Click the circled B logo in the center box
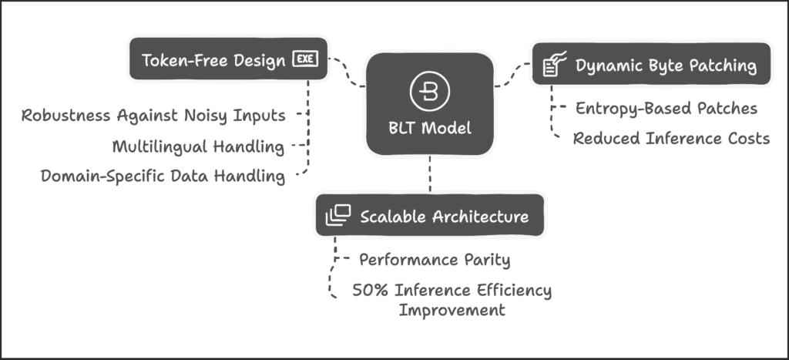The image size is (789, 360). click(x=430, y=91)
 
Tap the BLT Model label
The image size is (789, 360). click(x=430, y=128)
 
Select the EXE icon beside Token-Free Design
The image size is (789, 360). click(x=305, y=59)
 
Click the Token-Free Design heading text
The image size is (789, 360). click(x=213, y=60)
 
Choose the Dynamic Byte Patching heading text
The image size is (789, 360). click(x=666, y=66)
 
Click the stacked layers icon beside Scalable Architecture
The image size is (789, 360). click(x=337, y=215)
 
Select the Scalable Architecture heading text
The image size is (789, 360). click(x=445, y=217)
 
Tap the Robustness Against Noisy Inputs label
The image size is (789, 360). click(x=153, y=116)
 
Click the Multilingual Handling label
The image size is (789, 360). click(x=198, y=146)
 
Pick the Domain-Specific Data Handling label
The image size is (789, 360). click(x=163, y=177)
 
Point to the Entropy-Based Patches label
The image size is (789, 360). click(x=666, y=108)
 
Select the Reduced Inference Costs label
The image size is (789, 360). click(x=671, y=138)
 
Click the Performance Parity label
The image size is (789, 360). click(x=435, y=260)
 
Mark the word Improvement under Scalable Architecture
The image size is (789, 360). click(x=452, y=310)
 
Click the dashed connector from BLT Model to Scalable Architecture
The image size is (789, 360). click(x=430, y=174)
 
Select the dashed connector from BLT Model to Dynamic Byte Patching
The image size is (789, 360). click(x=512, y=75)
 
